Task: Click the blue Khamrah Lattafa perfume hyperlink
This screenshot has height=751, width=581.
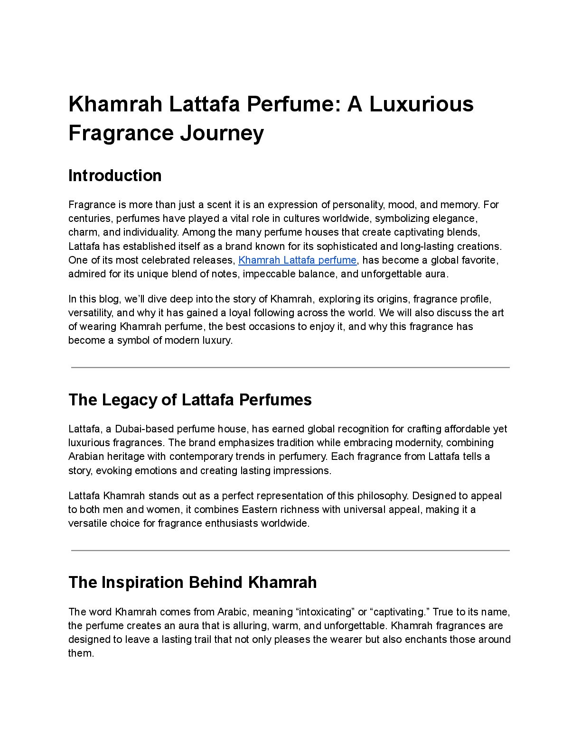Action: tap(297, 260)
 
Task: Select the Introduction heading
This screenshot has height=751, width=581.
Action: tap(115, 175)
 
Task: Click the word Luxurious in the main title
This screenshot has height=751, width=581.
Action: tap(422, 104)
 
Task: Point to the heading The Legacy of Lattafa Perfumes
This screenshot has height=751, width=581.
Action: tap(190, 400)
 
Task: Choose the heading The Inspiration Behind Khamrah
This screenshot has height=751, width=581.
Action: tap(192, 582)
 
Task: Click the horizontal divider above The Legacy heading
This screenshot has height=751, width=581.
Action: tap(290, 367)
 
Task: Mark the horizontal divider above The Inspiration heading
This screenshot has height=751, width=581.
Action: tap(290, 550)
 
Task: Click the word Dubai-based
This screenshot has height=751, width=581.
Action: tap(144, 429)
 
